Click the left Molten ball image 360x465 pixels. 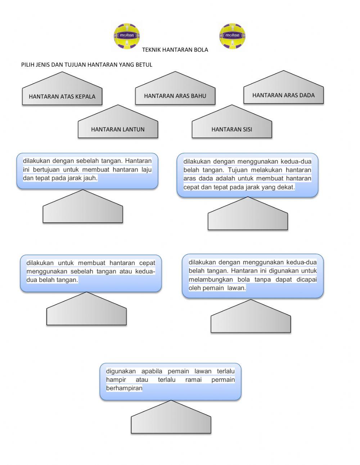point(126,36)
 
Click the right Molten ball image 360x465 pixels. point(232,36)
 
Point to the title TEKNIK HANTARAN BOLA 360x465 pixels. point(175,50)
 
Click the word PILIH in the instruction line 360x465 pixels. point(28,65)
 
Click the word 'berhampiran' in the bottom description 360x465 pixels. point(124,388)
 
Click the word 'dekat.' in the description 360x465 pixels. point(286,187)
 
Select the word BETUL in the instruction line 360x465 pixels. point(144,65)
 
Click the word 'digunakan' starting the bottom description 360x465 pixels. point(121,371)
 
